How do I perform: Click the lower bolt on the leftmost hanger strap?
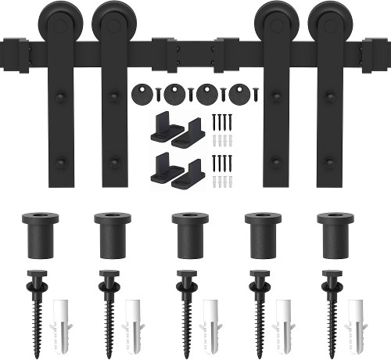tap(62, 164)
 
